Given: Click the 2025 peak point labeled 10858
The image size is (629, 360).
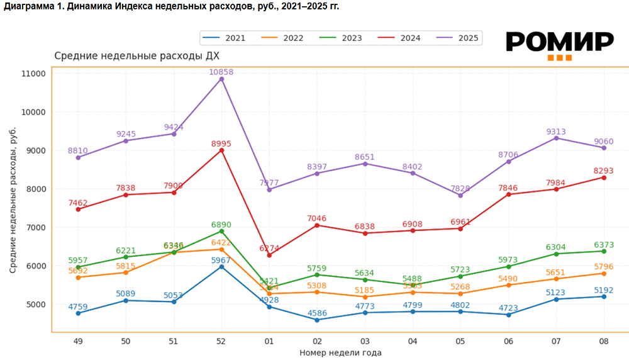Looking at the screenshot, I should pyautogui.click(x=221, y=79).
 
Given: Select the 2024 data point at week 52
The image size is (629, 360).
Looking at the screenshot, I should pyautogui.click(x=221, y=150).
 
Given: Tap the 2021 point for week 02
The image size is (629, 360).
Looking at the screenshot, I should pyautogui.click(x=317, y=320).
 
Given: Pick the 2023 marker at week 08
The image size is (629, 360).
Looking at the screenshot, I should pyautogui.click(x=604, y=251).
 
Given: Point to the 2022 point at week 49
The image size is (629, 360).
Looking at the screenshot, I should pyautogui.click(x=78, y=278).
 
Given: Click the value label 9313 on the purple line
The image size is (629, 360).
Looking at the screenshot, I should pyautogui.click(x=555, y=132).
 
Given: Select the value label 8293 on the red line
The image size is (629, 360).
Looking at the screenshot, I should pyautogui.click(x=604, y=170).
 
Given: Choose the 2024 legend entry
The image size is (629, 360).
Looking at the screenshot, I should pyautogui.click(x=399, y=38).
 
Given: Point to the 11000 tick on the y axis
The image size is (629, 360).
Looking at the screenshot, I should pyautogui.click(x=34, y=74).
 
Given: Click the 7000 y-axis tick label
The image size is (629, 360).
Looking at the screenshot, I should pyautogui.click(x=34, y=227).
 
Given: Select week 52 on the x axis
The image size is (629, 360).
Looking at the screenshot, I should pyautogui.click(x=221, y=340).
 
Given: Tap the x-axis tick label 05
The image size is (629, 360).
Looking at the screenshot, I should pyautogui.click(x=460, y=340).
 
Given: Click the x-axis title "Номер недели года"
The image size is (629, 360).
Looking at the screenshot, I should pyautogui.click(x=340, y=352).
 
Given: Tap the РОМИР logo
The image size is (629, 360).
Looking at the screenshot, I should pyautogui.click(x=560, y=44).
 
